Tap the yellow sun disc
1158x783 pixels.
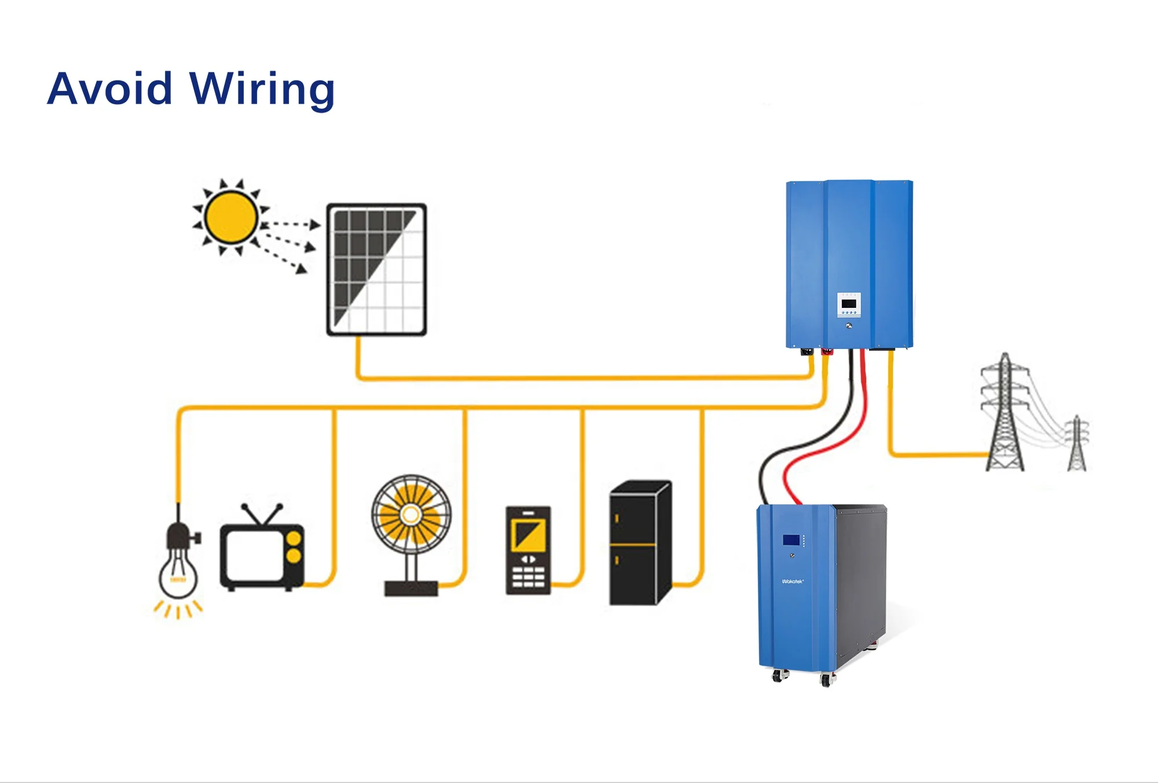pyautogui.click(x=230, y=218)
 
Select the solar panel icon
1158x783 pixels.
pyautogui.click(x=376, y=269)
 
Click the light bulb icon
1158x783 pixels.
pyautogui.click(x=178, y=564)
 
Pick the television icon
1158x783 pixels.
pyautogui.click(x=262, y=556)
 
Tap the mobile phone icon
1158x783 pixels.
pyautogui.click(x=528, y=550)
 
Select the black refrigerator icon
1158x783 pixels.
pyautogui.click(x=640, y=544)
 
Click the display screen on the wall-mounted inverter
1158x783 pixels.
pyautogui.click(x=849, y=304)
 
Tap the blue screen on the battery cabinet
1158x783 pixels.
pyautogui.click(x=791, y=540)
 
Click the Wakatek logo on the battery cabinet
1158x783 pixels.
pyautogui.click(x=793, y=581)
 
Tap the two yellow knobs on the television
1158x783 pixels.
pyautogui.click(x=294, y=547)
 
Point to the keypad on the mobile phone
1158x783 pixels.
pyautogui.click(x=528, y=577)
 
